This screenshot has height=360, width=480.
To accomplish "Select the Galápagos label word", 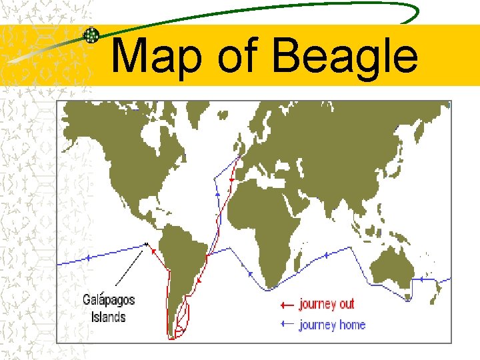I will pos(109,301).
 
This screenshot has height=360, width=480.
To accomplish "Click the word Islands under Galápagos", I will pos(108,317).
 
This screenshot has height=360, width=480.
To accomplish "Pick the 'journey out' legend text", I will pos(327,304).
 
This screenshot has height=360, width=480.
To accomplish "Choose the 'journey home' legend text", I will pos(332,325).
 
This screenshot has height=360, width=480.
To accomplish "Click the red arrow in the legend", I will pos(287,305).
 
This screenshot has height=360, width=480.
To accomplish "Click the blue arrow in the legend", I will pos(287,325).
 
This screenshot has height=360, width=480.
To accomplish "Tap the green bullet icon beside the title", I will pos(91,35).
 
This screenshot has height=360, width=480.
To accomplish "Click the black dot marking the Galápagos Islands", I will pos(145,245).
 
